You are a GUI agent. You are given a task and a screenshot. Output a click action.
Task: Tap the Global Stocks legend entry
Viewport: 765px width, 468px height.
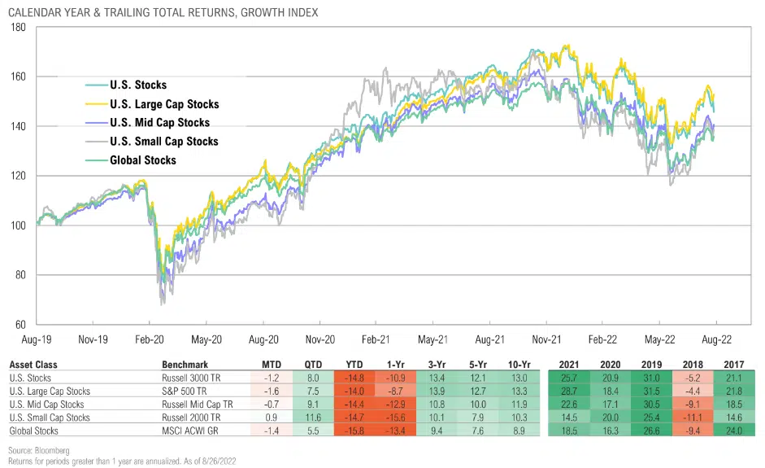[x=142, y=160]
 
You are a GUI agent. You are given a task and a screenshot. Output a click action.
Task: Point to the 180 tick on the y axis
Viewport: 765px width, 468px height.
[x=17, y=28]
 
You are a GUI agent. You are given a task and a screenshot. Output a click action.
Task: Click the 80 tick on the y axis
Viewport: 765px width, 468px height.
[x=20, y=275]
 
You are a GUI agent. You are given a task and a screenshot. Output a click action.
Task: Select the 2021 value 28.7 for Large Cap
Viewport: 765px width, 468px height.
[x=579, y=391]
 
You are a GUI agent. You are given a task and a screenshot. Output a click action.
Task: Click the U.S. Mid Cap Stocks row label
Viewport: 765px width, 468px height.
[x=46, y=405]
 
